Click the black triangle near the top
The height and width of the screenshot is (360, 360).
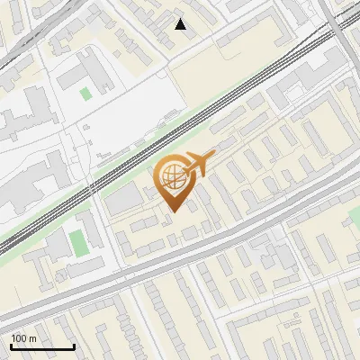click(x=181, y=24)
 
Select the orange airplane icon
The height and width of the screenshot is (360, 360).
click(x=200, y=165)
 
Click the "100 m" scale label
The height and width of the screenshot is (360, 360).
click(x=23, y=338)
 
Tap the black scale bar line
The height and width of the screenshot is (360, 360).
click(x=42, y=346)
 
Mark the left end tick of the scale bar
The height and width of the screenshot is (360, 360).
click(x=11, y=345)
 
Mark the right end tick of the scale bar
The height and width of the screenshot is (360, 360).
click(x=74, y=345)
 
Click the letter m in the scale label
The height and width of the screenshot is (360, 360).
click(x=32, y=338)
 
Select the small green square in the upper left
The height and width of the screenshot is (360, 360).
click(x=85, y=93)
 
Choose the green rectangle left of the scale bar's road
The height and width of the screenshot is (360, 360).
click(x=78, y=241)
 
